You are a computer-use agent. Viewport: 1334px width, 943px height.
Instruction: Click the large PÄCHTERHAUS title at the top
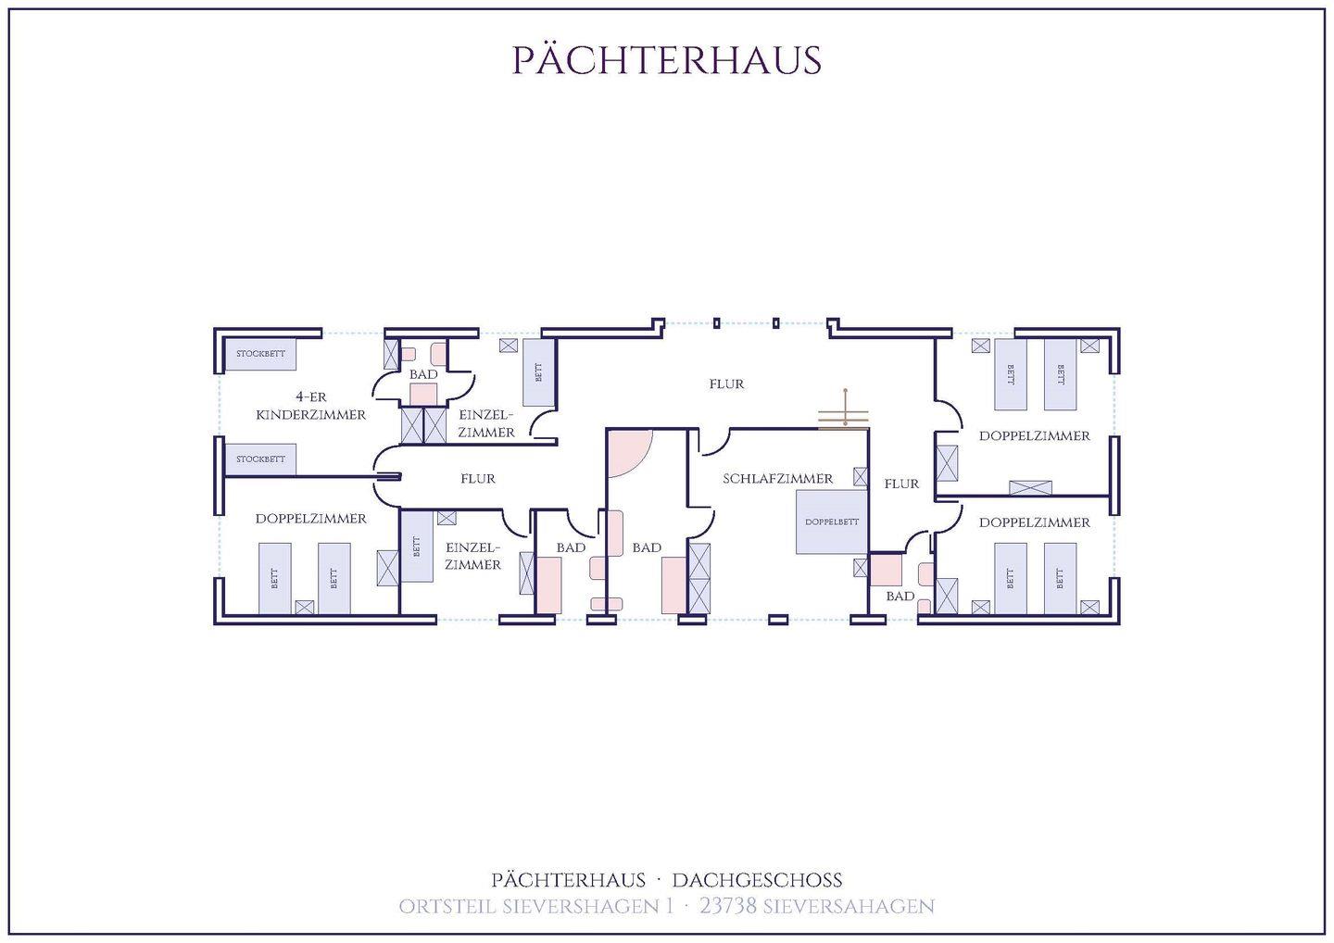point(667,60)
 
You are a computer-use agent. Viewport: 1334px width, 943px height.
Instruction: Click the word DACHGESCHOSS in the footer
point(757,880)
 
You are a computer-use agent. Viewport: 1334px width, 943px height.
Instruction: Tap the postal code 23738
point(728,906)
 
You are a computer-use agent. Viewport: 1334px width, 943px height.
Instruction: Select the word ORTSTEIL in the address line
point(447,907)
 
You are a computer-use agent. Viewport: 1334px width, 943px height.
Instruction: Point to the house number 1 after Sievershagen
point(671,906)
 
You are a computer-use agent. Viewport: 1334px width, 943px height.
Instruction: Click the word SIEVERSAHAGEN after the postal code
point(849,907)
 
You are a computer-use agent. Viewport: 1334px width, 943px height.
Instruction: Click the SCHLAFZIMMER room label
point(778,479)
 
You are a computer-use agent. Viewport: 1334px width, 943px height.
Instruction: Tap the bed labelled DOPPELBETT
point(831,522)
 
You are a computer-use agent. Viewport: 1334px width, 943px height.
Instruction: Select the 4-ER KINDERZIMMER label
point(311,406)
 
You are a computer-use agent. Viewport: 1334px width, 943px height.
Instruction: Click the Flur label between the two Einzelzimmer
point(478,479)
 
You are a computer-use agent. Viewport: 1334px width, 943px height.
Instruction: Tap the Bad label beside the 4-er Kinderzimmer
point(423,374)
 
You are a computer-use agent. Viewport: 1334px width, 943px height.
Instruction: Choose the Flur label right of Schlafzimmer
point(901,484)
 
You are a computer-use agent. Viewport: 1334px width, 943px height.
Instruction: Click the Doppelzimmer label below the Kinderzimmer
point(311,519)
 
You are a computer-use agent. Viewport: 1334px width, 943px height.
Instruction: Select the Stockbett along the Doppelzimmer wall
point(261,459)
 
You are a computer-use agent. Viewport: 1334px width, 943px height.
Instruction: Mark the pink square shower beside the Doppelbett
point(886,569)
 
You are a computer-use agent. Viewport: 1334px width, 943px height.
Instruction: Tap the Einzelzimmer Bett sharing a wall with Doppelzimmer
point(416,547)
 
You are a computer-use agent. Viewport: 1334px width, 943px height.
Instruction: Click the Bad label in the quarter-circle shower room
point(647,547)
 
